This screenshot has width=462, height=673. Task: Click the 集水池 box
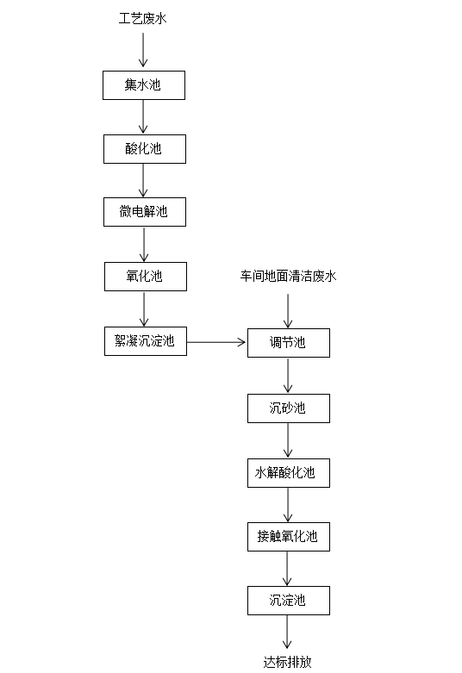pos(144,84)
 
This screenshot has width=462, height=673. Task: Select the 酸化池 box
pos(144,148)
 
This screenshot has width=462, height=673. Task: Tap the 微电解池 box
pos(144,212)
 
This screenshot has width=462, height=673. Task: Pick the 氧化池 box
pos(144,277)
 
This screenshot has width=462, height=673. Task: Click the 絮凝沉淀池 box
pos(144,341)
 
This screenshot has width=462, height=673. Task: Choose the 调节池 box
pos(288,343)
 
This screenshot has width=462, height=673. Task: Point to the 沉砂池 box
pos(288,408)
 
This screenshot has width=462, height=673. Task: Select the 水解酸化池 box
pos(288,472)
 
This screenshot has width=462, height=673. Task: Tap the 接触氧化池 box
pos(288,536)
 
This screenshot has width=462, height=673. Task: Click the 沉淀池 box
pos(288,600)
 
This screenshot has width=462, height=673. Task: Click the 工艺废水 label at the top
pos(143,18)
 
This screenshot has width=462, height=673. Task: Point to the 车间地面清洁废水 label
pos(288,277)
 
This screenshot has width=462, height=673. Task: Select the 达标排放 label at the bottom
pos(288,662)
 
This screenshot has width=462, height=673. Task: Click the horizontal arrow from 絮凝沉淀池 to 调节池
pos(216,342)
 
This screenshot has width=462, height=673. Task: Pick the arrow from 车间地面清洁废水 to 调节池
pos(288,307)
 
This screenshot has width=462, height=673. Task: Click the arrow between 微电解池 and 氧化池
pos(144,244)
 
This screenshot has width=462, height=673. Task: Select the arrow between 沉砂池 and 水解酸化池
pos(288,439)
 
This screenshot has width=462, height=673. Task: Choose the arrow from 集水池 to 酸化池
pos(144,116)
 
